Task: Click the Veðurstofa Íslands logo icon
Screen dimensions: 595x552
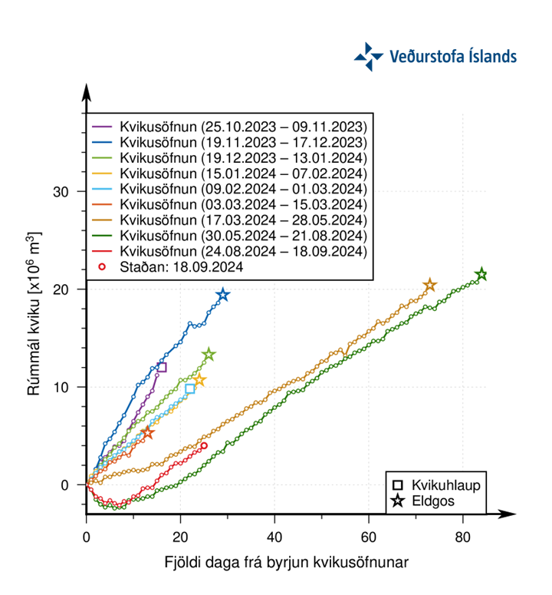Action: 368,57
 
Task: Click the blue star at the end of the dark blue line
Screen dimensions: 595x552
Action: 223,296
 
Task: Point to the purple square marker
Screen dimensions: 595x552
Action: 161,367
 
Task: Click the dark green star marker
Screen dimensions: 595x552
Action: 481,275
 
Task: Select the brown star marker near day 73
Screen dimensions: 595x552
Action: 430,286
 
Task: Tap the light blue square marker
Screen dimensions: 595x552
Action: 190,388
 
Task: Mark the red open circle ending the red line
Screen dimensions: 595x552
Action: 203,445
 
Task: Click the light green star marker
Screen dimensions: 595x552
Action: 209,355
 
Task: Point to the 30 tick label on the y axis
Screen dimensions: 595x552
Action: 69,191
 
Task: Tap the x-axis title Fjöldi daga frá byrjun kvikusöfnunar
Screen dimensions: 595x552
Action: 286,562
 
